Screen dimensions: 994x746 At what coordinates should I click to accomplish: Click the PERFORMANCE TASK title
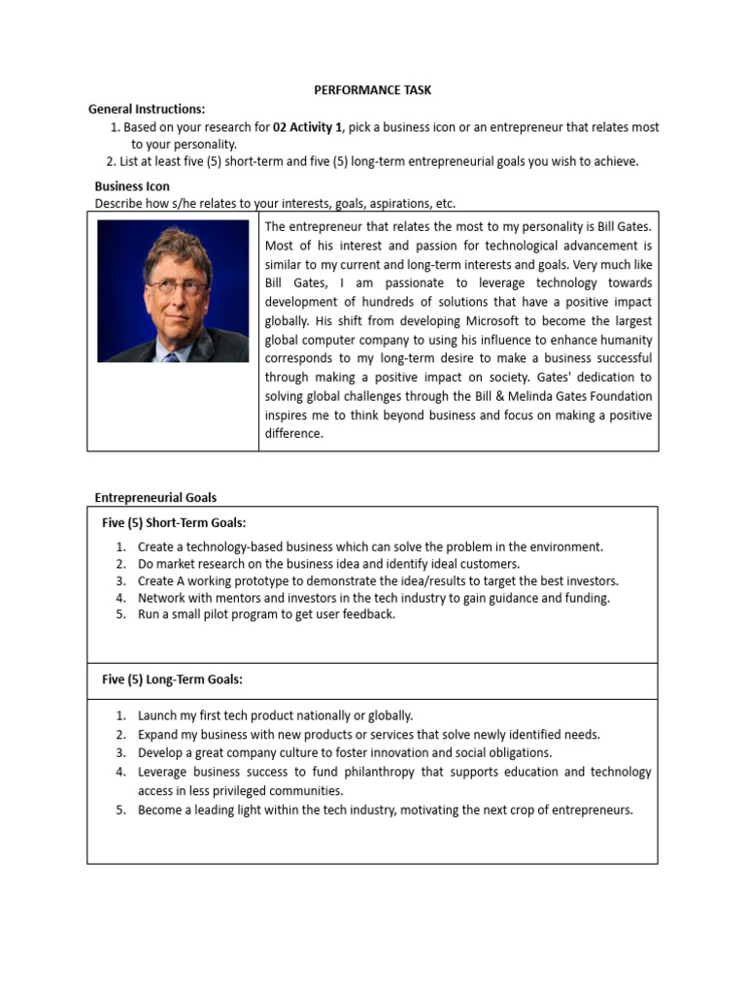tap(372, 90)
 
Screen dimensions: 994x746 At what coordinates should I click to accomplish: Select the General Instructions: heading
tap(147, 109)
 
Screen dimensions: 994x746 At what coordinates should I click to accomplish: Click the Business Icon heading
tap(132, 185)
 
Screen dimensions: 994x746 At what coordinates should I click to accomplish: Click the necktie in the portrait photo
tap(172, 356)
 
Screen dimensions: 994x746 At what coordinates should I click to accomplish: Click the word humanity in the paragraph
tap(625, 340)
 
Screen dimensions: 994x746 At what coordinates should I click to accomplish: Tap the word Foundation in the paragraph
tap(617, 396)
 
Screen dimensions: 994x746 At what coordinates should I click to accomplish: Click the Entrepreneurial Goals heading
tap(155, 497)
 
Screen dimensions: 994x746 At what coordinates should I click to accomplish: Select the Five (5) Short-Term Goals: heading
tap(174, 522)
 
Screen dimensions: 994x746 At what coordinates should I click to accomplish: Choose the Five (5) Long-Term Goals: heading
tap(173, 679)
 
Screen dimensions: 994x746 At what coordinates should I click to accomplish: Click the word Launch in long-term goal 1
tap(157, 715)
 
